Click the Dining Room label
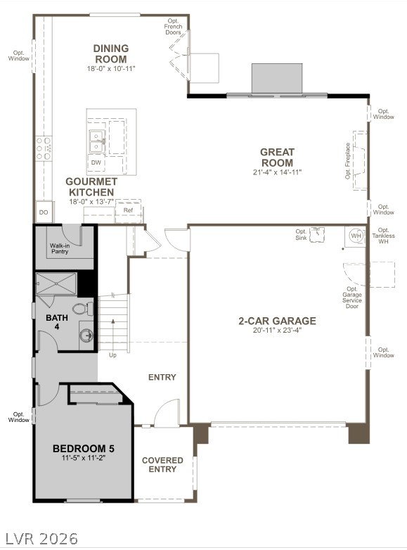point(110,53)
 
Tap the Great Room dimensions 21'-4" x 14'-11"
point(277,172)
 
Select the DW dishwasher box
point(96,162)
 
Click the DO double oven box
point(44,212)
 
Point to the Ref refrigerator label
point(128,210)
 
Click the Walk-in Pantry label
point(60,248)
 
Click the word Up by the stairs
point(112,355)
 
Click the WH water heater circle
point(356,235)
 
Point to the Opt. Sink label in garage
point(301,235)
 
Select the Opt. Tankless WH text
point(383,236)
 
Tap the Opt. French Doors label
point(173,27)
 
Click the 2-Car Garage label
point(276,321)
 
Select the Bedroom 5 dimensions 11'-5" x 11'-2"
point(83,458)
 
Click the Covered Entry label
point(162,465)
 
